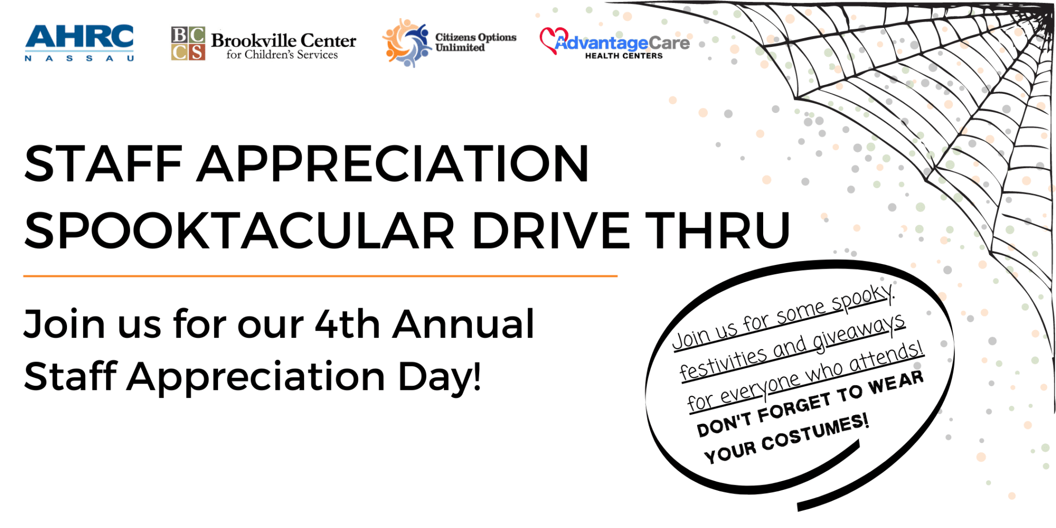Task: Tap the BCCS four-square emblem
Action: tap(188, 43)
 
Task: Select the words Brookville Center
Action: tap(283, 40)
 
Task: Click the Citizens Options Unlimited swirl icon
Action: tap(406, 43)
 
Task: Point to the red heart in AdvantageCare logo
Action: tap(551, 39)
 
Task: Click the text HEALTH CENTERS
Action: tap(623, 56)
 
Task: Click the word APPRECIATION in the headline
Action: tap(393, 164)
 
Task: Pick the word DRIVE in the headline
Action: tap(550, 230)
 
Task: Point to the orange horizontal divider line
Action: tap(320, 276)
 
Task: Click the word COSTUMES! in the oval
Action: tap(815, 433)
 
